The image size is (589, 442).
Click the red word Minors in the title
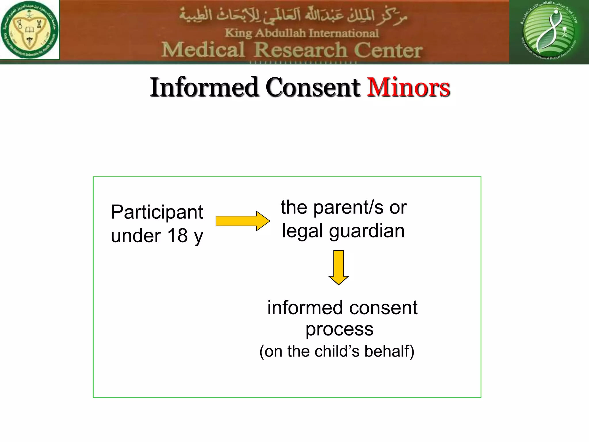[x=408, y=87]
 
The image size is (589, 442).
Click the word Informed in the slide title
[x=204, y=87]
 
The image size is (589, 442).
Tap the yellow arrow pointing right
[x=242, y=221]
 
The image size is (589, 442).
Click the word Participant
[x=157, y=213]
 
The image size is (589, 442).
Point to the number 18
[x=177, y=236]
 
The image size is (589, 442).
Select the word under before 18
[x=136, y=236]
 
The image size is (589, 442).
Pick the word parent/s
[x=348, y=207]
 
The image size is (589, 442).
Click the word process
[x=339, y=329]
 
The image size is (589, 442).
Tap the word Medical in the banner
[x=203, y=50]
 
